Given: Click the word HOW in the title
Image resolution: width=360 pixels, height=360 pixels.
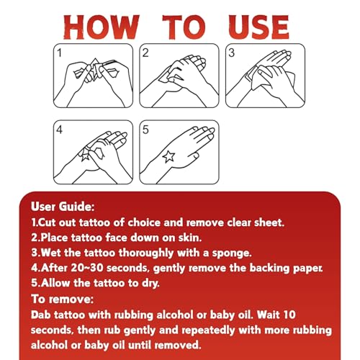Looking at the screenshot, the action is click(x=102, y=27).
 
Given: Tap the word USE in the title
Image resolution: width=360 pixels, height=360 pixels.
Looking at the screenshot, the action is click(x=259, y=27).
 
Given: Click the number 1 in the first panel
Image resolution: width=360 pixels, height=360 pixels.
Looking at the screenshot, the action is click(x=60, y=53).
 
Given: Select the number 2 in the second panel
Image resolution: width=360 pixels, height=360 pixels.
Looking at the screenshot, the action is click(x=145, y=53).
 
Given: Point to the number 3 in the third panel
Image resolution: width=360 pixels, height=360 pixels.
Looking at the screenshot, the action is click(x=231, y=53).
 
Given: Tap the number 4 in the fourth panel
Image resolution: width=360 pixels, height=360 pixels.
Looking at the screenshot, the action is click(x=60, y=130).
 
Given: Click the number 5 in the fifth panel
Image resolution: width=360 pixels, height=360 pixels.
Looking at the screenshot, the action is click(x=145, y=130).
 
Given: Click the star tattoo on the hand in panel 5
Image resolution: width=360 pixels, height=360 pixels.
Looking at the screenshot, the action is click(x=168, y=156).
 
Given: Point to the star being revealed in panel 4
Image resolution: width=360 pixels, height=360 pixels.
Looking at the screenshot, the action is click(x=84, y=156).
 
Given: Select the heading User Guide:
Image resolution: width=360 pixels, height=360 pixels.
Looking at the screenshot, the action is click(x=63, y=207).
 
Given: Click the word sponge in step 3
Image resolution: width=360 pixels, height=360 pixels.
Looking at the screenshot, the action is click(x=231, y=253).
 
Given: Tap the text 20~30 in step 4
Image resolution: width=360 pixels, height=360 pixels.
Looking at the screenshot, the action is click(x=87, y=268).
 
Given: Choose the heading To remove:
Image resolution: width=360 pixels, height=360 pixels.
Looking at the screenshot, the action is click(x=63, y=300).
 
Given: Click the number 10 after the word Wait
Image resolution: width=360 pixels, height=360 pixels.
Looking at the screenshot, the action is click(x=289, y=315).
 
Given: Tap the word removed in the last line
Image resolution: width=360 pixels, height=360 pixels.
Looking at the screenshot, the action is click(x=177, y=345).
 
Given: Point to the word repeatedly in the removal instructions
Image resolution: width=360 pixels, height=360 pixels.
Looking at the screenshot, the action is click(x=208, y=330).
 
